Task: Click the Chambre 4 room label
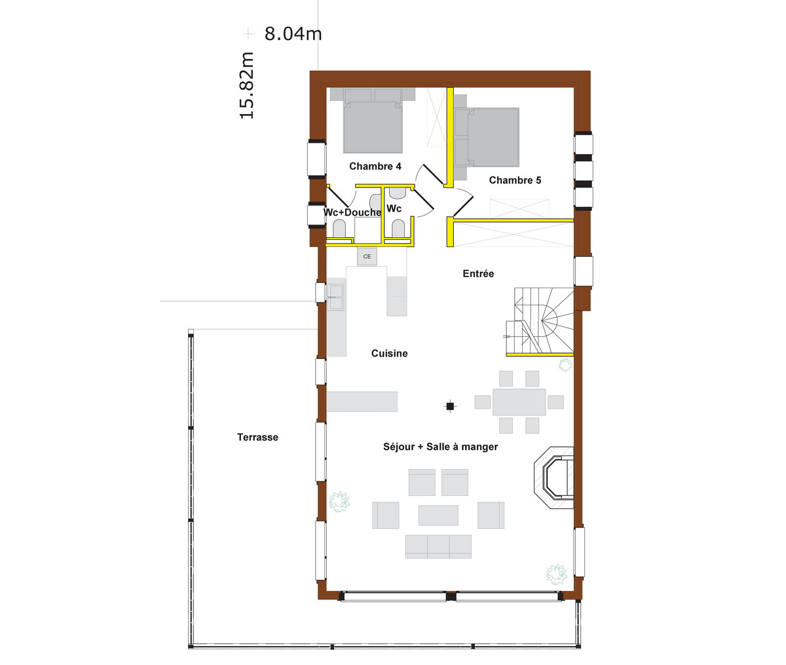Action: (x=375, y=166)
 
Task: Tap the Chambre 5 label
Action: (x=515, y=180)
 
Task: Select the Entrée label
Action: (x=478, y=273)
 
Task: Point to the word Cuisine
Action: (x=389, y=353)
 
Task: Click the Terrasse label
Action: (x=258, y=437)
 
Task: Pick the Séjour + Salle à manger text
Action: (x=440, y=447)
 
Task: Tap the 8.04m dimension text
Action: (x=293, y=34)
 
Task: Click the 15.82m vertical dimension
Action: (x=247, y=85)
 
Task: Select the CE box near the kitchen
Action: (x=367, y=256)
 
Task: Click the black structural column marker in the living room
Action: (x=450, y=406)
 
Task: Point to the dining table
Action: (x=519, y=402)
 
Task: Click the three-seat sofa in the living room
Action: (x=438, y=546)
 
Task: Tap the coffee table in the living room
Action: (x=438, y=515)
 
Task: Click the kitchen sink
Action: (x=336, y=297)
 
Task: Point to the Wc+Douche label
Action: (x=352, y=212)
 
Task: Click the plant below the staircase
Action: (x=565, y=366)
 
